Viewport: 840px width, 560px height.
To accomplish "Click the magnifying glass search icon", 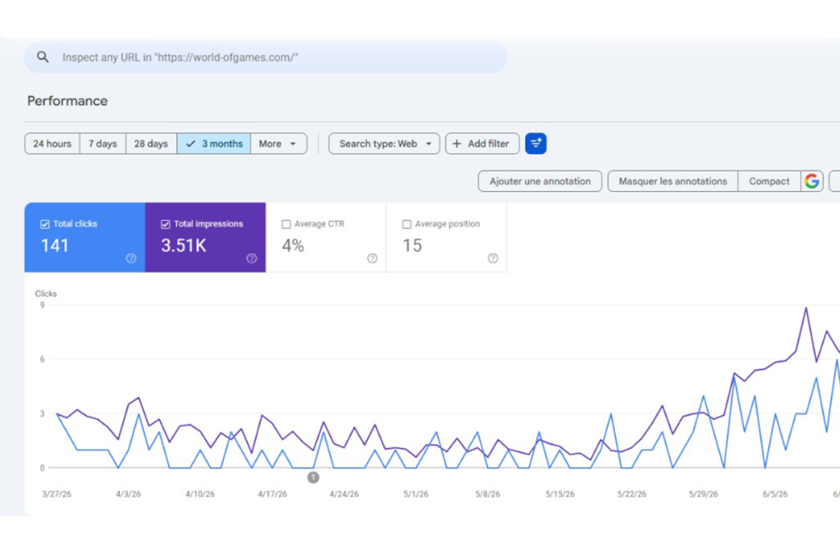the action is click(43, 57).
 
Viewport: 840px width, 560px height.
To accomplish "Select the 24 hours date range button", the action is click(52, 143).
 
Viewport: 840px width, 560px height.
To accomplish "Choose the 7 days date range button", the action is click(103, 143).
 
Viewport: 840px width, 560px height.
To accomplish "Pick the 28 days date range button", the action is click(151, 143).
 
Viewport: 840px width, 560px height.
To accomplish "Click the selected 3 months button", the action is click(214, 143).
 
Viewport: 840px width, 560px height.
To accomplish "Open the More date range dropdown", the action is click(279, 143).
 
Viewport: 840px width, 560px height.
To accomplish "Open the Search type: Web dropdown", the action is click(384, 143).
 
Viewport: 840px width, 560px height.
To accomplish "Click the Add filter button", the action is click(482, 143).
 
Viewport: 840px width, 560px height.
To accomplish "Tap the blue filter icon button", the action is click(536, 143).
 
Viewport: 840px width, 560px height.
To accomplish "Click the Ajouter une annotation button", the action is click(540, 181).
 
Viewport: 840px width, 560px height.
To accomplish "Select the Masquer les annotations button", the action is click(673, 181).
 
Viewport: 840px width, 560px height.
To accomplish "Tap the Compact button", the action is click(769, 181).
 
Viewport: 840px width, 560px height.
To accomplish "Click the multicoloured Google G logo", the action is click(812, 181).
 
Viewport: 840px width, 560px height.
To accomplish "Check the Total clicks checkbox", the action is click(45, 225).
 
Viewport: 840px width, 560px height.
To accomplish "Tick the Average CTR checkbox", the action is click(286, 225).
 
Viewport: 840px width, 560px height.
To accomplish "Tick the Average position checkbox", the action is click(407, 225).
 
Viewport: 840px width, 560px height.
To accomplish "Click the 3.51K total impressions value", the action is click(183, 246).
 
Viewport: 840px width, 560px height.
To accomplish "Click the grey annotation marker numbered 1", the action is click(313, 477).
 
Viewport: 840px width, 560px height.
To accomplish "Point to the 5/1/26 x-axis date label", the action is click(416, 494).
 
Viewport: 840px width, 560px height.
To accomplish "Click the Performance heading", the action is click(67, 101).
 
